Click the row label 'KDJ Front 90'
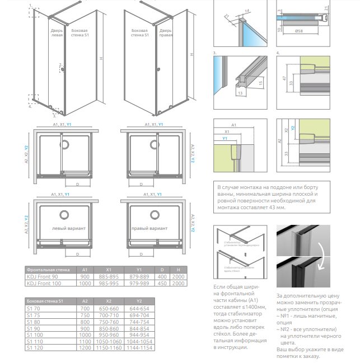click(42, 277)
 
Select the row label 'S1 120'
click(34, 348)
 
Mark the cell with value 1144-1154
click(140, 348)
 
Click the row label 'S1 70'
click(33, 308)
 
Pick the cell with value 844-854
click(140, 328)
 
